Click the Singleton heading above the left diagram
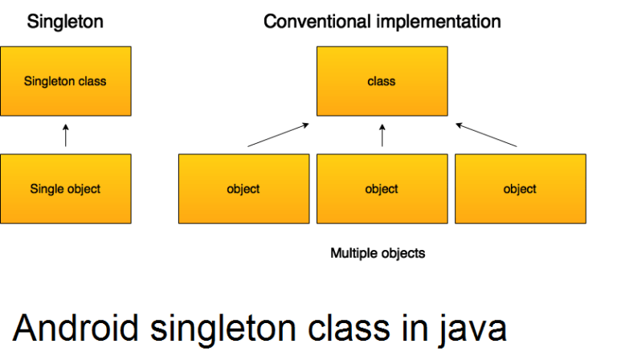point(65,22)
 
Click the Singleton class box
point(65,80)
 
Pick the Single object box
point(65,189)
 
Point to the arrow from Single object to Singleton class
point(66,135)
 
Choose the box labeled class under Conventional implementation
point(382,80)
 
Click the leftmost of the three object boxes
point(243,189)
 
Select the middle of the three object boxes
point(382,189)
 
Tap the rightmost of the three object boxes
point(520,189)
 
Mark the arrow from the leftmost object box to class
point(278,135)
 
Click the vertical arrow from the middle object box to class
point(382,135)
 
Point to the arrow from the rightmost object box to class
point(487,135)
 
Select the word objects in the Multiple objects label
point(402,253)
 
